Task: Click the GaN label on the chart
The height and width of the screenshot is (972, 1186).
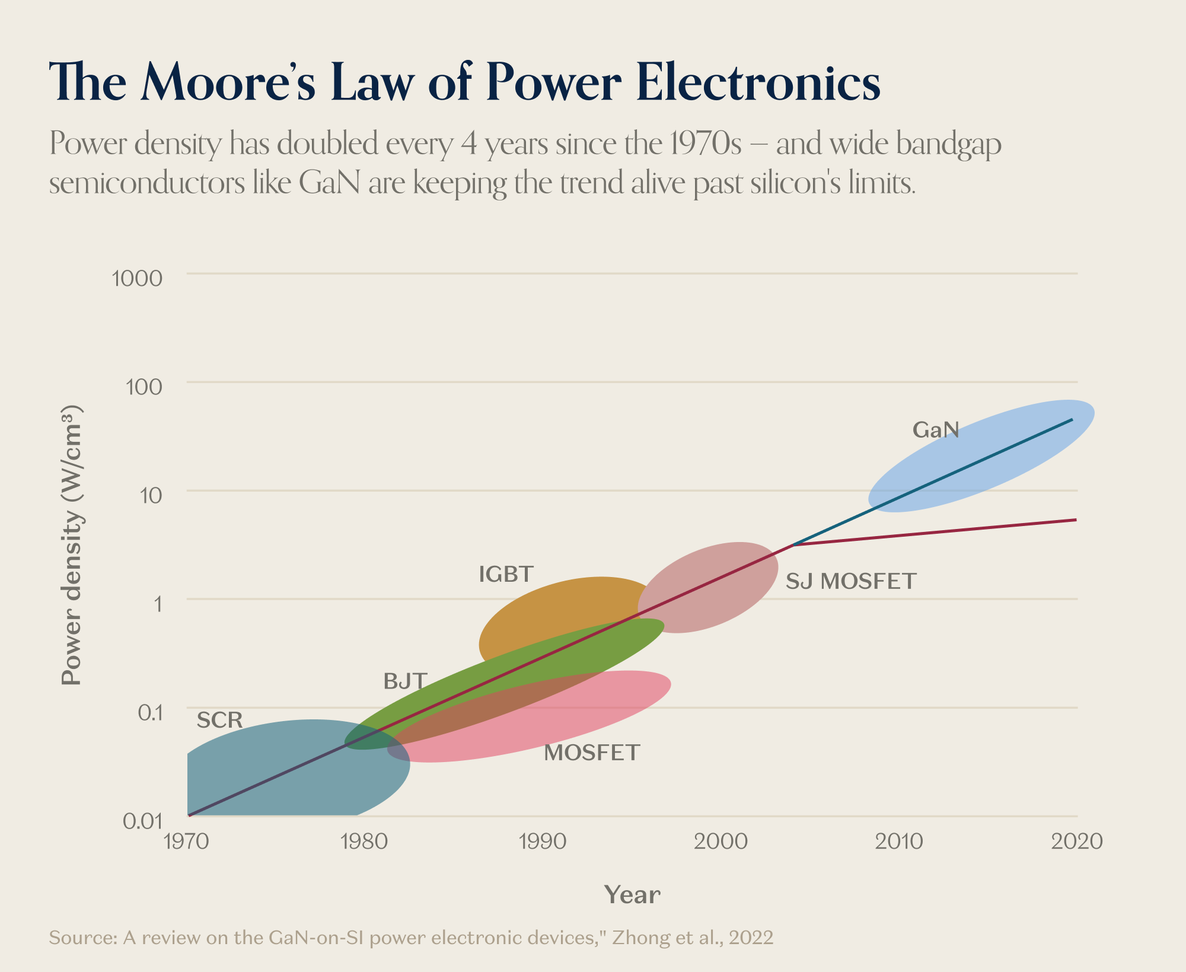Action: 935,430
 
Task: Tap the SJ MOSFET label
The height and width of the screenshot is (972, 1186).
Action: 851,581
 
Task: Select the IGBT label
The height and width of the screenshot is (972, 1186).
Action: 506,574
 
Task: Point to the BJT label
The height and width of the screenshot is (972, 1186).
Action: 405,681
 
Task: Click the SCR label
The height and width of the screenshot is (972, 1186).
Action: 219,721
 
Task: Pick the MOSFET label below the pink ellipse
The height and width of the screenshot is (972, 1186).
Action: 592,753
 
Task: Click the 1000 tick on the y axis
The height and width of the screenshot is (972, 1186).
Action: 137,278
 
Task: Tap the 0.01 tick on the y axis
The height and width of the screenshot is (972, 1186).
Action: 142,821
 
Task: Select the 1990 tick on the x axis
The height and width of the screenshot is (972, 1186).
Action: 542,842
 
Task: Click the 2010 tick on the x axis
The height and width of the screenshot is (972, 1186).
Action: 898,842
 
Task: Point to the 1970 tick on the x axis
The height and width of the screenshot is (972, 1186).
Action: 186,842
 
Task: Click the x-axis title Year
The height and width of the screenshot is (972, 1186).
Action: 632,895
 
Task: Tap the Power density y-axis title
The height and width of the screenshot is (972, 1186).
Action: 71,546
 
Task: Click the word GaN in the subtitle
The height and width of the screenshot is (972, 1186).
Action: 329,183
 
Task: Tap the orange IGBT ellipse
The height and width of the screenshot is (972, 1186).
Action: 563,605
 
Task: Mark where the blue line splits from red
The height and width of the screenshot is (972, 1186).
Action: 793,544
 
